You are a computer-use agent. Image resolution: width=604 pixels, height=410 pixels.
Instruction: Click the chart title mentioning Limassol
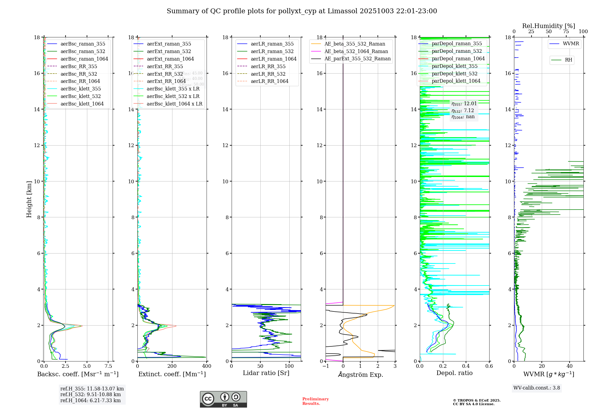coord(302,11)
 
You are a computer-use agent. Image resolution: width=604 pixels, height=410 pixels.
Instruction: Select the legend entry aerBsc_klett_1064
coord(82,104)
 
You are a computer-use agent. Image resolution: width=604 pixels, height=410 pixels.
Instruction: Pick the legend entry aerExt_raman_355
coord(169,44)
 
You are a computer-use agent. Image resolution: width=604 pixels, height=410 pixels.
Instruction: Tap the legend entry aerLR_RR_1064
coord(269,81)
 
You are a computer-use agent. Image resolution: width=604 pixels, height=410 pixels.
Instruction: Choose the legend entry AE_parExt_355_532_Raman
coord(357,58)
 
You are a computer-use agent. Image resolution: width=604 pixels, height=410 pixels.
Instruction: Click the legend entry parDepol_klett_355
coord(455,66)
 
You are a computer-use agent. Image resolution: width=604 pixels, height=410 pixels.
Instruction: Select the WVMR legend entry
coord(571,44)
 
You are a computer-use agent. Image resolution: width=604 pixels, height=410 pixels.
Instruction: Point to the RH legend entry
coord(568,60)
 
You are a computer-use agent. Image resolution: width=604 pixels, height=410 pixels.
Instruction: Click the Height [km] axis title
coord(29,199)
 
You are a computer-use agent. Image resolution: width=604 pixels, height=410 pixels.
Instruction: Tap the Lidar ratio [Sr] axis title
coord(266,373)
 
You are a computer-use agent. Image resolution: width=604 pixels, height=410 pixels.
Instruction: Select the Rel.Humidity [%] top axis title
coord(548,26)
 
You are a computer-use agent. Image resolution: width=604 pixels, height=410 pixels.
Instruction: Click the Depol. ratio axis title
coord(454,373)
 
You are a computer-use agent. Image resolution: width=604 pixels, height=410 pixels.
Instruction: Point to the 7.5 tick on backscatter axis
coord(108,366)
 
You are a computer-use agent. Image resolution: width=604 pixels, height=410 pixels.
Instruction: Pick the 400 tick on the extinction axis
coord(207,366)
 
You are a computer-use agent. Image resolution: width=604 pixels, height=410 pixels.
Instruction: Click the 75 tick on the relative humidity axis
coord(566,32)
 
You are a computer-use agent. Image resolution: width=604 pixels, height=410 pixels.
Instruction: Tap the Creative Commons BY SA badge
coord(223,399)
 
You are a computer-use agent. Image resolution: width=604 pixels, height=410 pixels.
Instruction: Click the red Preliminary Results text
coord(315,401)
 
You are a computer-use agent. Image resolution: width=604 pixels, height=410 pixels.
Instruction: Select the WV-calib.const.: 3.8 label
coord(537,388)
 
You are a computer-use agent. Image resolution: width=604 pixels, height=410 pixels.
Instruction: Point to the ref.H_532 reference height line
coord(91,395)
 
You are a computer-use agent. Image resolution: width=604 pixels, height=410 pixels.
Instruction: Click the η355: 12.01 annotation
coord(464,104)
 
